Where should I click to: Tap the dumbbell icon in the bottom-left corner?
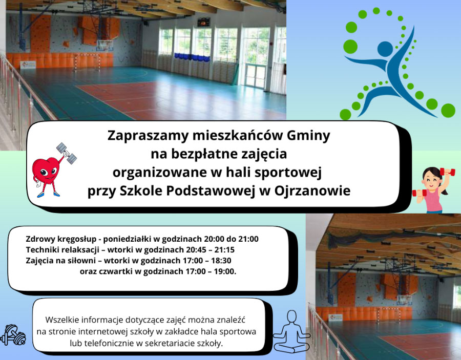[x=13, y=335]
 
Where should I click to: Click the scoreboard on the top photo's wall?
[x=203, y=22]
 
